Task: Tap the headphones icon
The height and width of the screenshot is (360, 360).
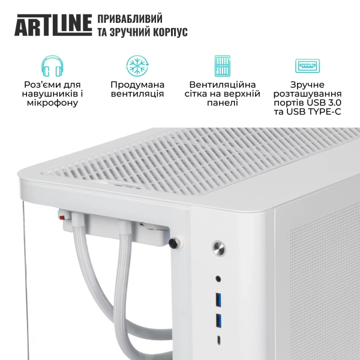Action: click(x=52, y=66)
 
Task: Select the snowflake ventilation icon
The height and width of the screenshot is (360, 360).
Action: click(x=137, y=66)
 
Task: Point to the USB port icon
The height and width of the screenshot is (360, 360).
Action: click(x=307, y=66)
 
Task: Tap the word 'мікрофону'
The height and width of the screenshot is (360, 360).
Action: click(x=52, y=103)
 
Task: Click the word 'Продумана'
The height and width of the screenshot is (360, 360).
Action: click(x=137, y=85)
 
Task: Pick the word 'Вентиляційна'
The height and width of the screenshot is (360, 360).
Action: click(x=223, y=85)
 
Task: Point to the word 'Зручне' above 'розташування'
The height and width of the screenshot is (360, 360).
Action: click(x=307, y=85)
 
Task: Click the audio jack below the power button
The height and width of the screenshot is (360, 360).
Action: click(x=218, y=278)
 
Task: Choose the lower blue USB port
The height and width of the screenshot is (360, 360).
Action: click(x=218, y=319)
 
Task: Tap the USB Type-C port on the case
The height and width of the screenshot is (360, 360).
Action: click(x=218, y=339)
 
